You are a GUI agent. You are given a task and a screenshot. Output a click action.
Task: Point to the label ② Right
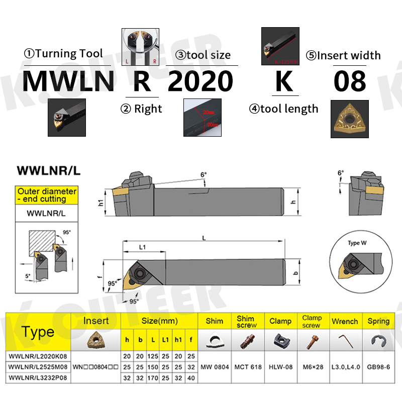tap(141, 109)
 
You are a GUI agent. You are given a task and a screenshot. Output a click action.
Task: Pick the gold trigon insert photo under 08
tap(349, 119)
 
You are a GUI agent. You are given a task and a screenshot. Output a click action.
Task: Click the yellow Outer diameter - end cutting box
tap(47, 195)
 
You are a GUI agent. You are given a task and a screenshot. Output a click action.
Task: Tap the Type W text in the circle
tap(357, 243)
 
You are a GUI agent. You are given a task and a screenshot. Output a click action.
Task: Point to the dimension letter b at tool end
tap(295, 273)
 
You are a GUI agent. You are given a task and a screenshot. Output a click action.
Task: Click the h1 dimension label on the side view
tap(100, 203)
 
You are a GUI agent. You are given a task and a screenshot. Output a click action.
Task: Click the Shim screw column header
tap(246, 322)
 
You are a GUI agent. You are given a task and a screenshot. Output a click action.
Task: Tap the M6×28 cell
tap(312, 367)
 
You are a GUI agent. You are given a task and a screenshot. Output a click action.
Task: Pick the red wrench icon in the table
tap(345, 341)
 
